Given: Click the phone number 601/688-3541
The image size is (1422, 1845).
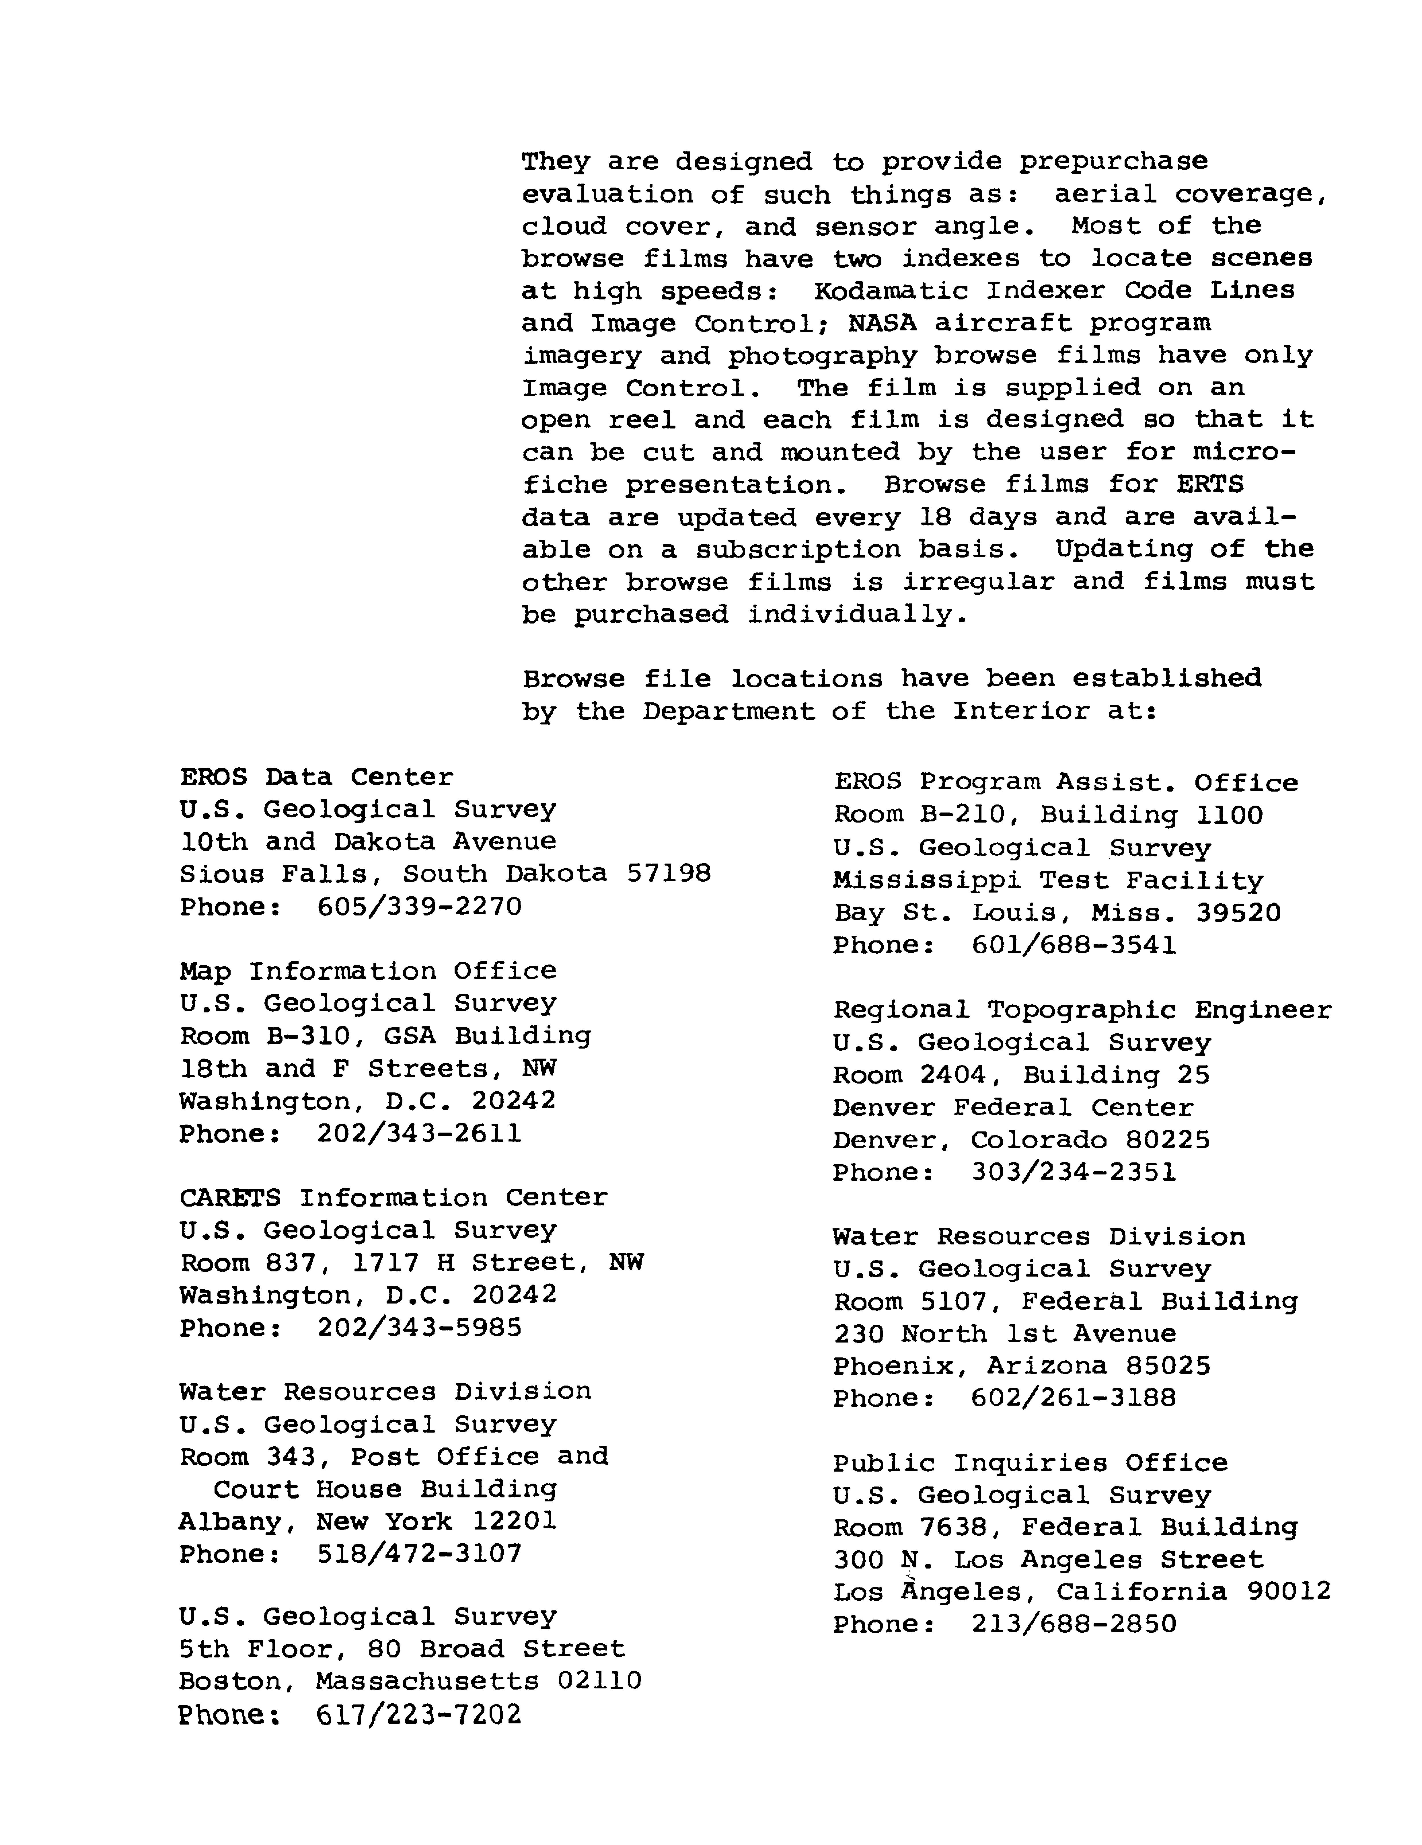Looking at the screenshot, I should click(x=1073, y=944).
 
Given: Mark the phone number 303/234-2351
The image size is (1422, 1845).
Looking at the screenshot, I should click(x=1073, y=1172).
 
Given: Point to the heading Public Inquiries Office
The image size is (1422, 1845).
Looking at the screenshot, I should click(x=1030, y=1462).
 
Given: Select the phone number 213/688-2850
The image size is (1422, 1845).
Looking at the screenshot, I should click(x=1073, y=1624).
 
